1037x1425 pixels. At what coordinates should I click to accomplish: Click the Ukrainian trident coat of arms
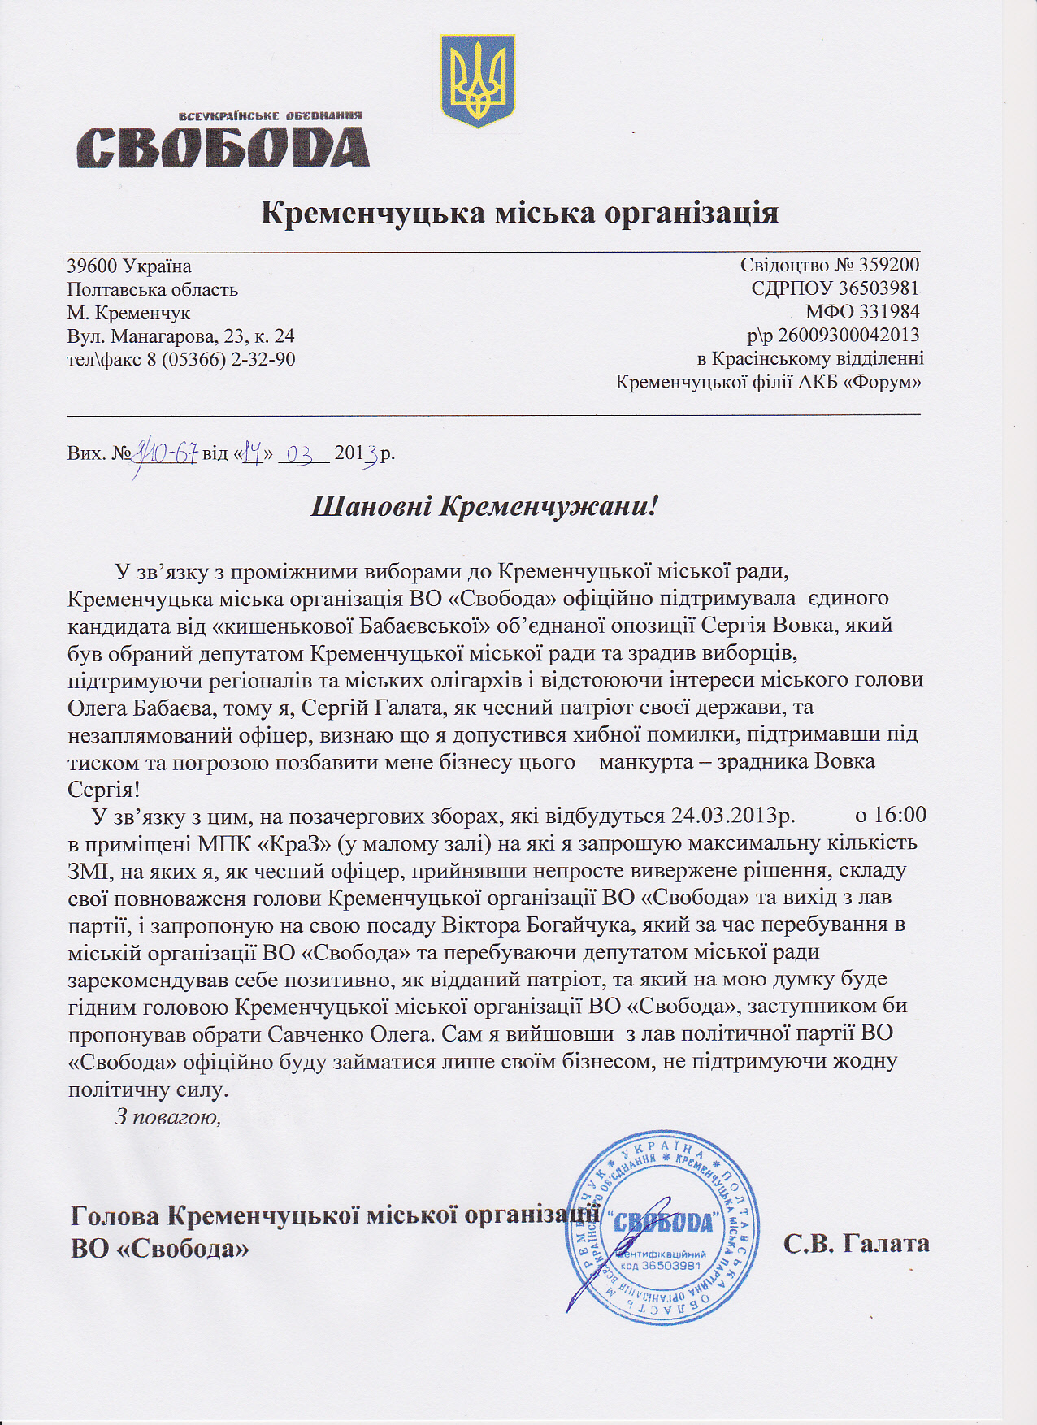click(477, 80)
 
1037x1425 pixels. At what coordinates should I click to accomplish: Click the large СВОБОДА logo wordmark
click(223, 147)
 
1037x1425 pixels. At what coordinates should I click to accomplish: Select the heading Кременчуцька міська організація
click(519, 213)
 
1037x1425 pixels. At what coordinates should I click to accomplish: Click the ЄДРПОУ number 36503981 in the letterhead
click(879, 288)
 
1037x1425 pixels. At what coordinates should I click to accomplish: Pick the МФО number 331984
click(891, 311)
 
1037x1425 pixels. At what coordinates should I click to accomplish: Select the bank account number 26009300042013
click(848, 335)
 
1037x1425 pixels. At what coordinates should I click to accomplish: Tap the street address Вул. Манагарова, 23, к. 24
click(180, 336)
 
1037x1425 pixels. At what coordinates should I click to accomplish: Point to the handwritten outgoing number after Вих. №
click(167, 451)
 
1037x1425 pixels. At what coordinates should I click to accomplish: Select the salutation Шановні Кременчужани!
click(484, 507)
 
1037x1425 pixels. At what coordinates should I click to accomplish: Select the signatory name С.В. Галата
click(857, 1244)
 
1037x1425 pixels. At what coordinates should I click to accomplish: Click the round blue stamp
click(662, 1228)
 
